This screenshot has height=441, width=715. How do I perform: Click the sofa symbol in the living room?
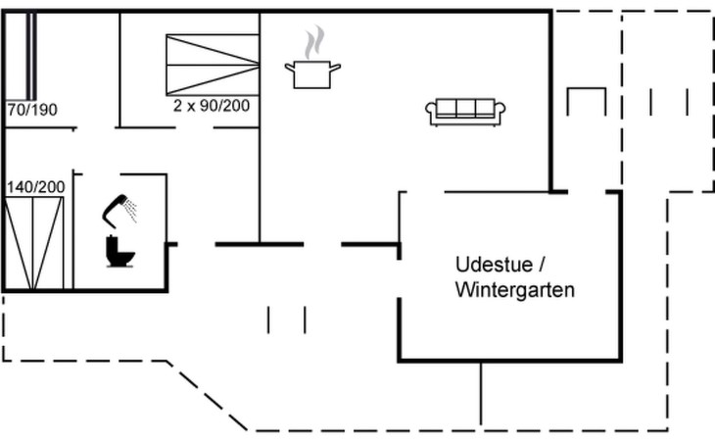click(465, 112)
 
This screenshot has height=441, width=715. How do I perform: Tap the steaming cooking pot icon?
click(312, 73)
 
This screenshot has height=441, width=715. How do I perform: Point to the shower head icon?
click(116, 204)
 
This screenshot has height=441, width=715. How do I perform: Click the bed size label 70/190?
click(32, 110)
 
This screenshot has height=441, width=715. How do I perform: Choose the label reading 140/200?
click(36, 186)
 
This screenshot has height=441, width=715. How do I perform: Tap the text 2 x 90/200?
click(212, 104)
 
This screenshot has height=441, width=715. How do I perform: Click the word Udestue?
click(492, 265)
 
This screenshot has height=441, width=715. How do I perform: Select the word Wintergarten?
click(514, 290)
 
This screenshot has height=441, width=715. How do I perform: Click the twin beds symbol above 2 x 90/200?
click(212, 65)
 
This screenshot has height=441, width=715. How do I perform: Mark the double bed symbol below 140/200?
click(33, 243)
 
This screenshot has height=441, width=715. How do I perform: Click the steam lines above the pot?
click(312, 43)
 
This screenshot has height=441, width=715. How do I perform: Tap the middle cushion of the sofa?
click(465, 109)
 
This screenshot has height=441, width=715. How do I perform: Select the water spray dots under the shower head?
click(130, 210)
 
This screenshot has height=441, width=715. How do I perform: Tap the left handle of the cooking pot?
click(289, 67)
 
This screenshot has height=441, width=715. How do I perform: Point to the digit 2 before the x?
click(177, 104)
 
